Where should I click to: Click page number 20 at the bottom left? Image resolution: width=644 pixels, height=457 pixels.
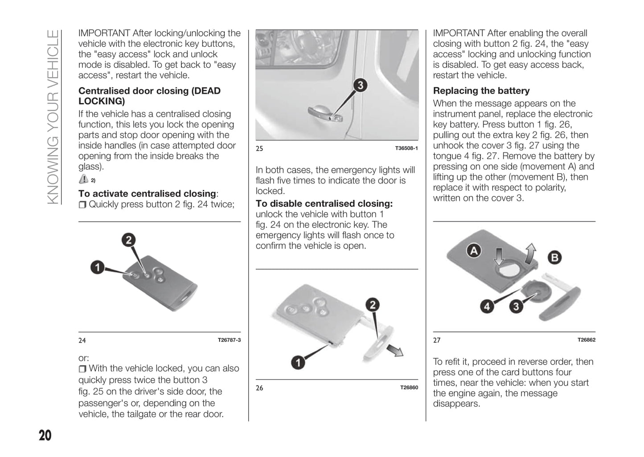click(45, 435)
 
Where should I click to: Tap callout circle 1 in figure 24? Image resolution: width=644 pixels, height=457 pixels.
click(98, 267)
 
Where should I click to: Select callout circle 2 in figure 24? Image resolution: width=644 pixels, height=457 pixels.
click(129, 240)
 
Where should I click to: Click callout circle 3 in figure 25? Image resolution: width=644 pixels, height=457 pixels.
click(360, 85)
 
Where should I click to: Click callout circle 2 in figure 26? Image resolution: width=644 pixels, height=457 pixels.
click(373, 305)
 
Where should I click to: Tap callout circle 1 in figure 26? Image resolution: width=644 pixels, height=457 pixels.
click(298, 362)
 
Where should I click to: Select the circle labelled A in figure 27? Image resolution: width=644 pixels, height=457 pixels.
click(474, 251)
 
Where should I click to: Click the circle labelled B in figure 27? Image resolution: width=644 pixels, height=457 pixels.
click(554, 257)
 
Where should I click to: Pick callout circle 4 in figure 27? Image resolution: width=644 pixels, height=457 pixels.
click(487, 306)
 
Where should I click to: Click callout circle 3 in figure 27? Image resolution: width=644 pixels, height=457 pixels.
click(516, 306)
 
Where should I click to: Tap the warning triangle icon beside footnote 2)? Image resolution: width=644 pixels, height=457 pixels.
click(83, 179)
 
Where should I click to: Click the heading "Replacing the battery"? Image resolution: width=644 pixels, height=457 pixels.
click(481, 91)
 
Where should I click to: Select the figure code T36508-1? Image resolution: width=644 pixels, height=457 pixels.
click(406, 148)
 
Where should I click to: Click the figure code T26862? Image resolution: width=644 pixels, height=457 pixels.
click(586, 340)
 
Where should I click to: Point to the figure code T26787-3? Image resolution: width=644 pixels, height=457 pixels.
click(229, 340)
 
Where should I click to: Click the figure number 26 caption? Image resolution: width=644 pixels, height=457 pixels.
click(259, 388)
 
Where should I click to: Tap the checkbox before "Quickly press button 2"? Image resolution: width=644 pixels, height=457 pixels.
click(82, 205)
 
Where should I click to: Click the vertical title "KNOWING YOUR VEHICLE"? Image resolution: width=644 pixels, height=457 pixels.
click(53, 117)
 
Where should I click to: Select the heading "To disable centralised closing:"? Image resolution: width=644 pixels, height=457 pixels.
click(324, 204)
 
